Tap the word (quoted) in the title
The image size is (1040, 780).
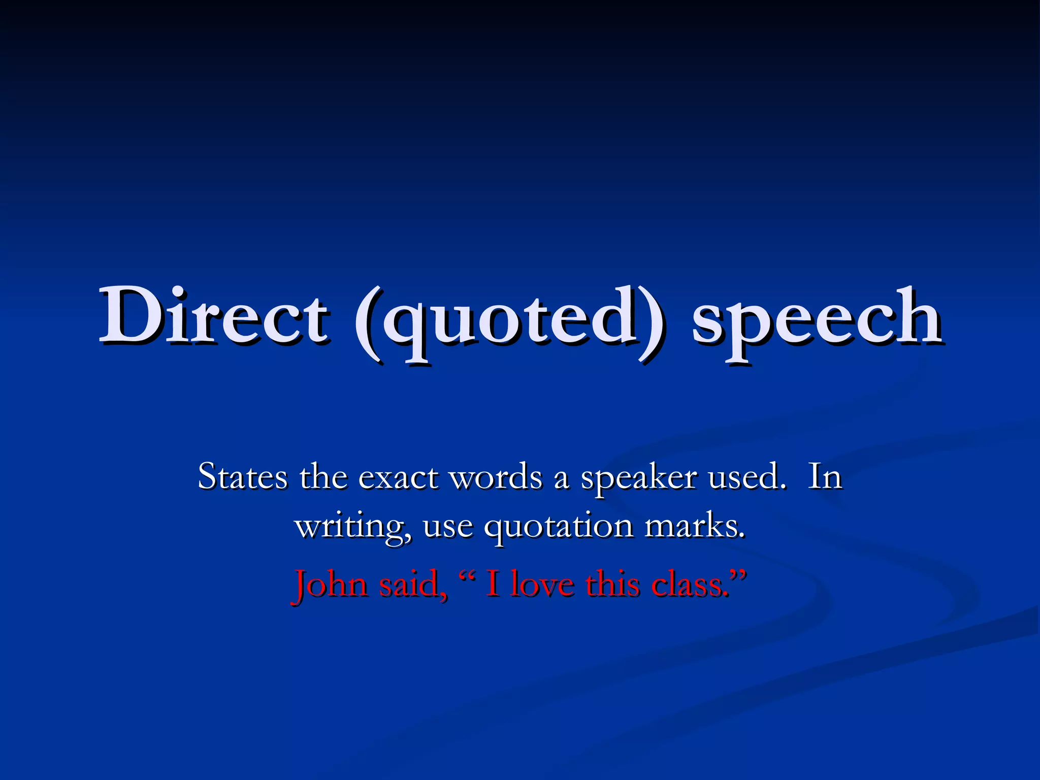point(508,320)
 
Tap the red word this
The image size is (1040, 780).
point(612,584)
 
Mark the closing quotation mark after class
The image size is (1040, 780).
point(738,575)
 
